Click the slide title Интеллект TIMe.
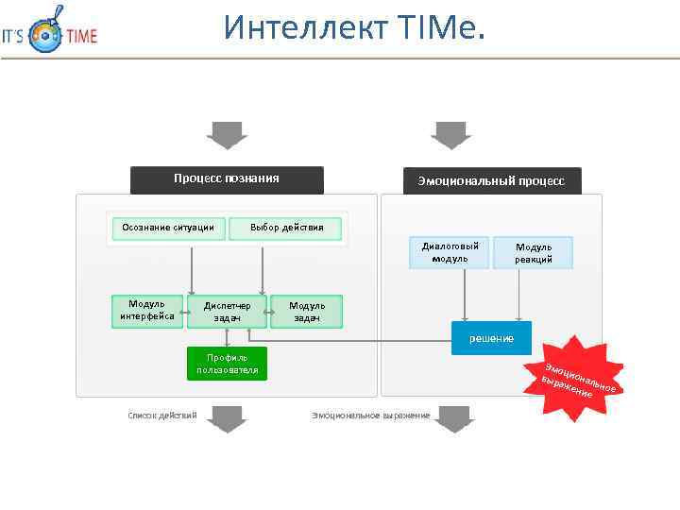(354, 28)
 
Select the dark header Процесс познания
(227, 179)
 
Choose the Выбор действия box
(287, 228)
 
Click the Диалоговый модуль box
(450, 252)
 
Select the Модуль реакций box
(534, 253)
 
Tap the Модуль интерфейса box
(147, 311)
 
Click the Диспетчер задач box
(227, 312)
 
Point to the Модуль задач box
(307, 312)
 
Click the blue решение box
(491, 338)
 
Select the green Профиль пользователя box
(227, 364)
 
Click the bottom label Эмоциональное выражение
(370, 416)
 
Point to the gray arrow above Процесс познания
(227, 135)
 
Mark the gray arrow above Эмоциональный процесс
(450, 135)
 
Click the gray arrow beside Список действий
(227, 417)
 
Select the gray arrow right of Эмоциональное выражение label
(454, 417)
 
